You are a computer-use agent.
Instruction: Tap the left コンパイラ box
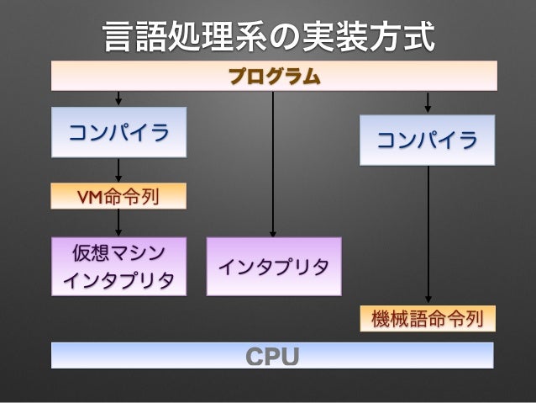coord(118,132)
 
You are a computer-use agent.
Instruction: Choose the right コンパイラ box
coord(428,140)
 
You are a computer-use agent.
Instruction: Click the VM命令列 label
coord(118,197)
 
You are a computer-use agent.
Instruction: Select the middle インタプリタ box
coord(274,266)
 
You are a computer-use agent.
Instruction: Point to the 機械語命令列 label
coord(428,319)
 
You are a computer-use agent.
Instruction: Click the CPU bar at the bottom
coord(272,355)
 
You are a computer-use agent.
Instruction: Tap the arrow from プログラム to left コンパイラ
coord(119,98)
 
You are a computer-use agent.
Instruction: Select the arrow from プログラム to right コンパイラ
coord(429,102)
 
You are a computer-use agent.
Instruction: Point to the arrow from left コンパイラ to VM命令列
coord(119,171)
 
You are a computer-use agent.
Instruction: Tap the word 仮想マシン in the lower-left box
coord(118,251)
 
